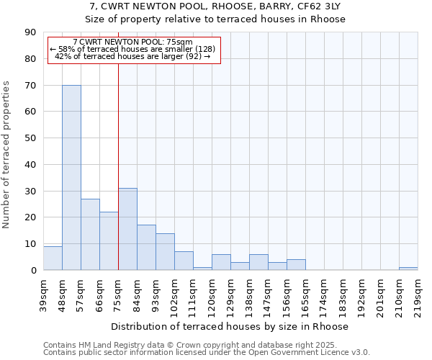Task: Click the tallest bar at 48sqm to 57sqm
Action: click(x=71, y=178)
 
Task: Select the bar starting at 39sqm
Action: click(x=53, y=258)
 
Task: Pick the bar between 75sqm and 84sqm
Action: click(x=127, y=229)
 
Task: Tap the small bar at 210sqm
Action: click(x=408, y=269)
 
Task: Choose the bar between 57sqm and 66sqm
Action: click(x=90, y=235)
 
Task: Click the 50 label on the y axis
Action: click(x=32, y=138)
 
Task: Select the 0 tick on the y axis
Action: click(x=35, y=271)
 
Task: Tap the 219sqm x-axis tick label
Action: click(x=418, y=292)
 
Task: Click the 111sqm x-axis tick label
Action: click(x=194, y=292)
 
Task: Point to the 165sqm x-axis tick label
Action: click(x=306, y=292)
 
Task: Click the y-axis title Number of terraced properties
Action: click(x=7, y=155)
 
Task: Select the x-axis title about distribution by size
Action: click(x=230, y=326)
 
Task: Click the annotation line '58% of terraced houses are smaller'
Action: click(x=132, y=49)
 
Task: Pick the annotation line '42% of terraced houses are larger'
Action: click(x=132, y=56)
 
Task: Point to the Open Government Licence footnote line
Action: click(x=206, y=353)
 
